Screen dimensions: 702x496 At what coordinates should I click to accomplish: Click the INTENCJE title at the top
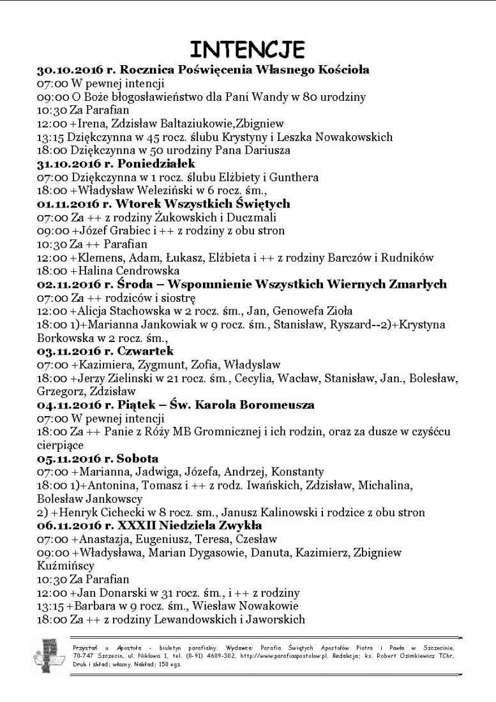248,49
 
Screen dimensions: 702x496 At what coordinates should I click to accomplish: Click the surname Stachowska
139,311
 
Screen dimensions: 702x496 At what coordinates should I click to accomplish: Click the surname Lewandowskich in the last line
172,619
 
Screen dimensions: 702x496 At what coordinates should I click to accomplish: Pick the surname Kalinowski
263,512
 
